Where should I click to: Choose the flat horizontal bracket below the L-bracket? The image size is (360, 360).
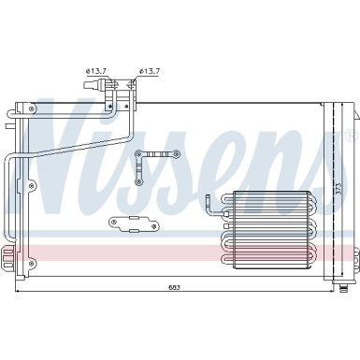tap(131, 223)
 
